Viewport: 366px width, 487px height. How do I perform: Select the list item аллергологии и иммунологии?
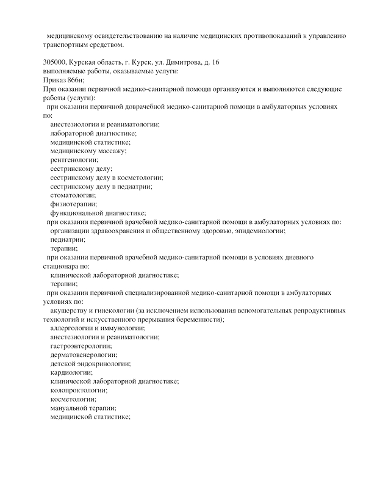click(x=97, y=328)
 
